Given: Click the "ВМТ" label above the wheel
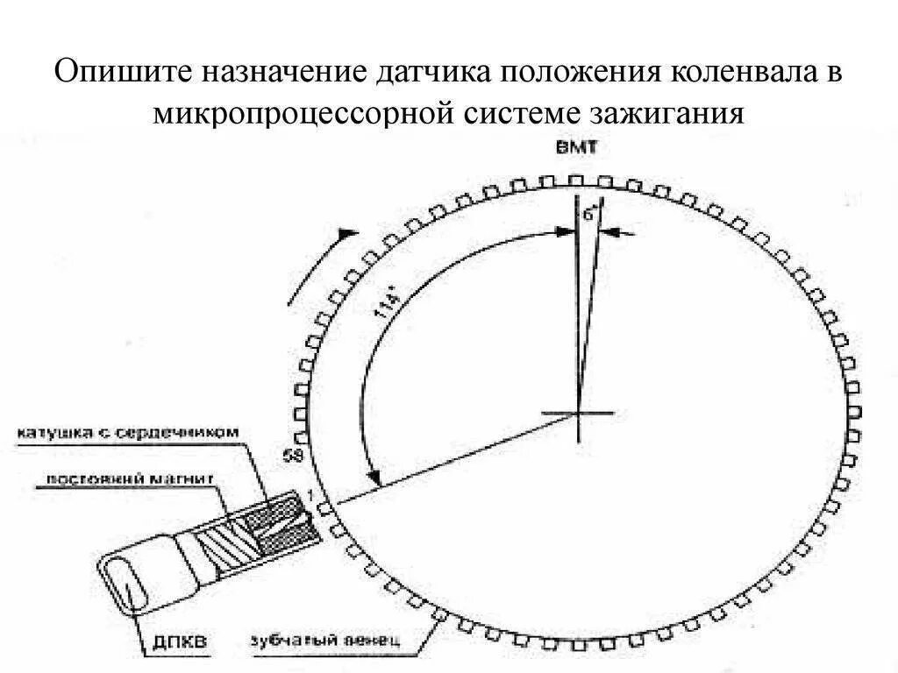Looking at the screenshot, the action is pos(576,148).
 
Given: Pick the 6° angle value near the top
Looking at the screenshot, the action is pos(588,212).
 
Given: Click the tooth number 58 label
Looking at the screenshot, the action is pos(295,456).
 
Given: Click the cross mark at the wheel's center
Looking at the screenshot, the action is pos(579,413).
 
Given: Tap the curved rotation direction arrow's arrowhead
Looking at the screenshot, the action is pos(349,234).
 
